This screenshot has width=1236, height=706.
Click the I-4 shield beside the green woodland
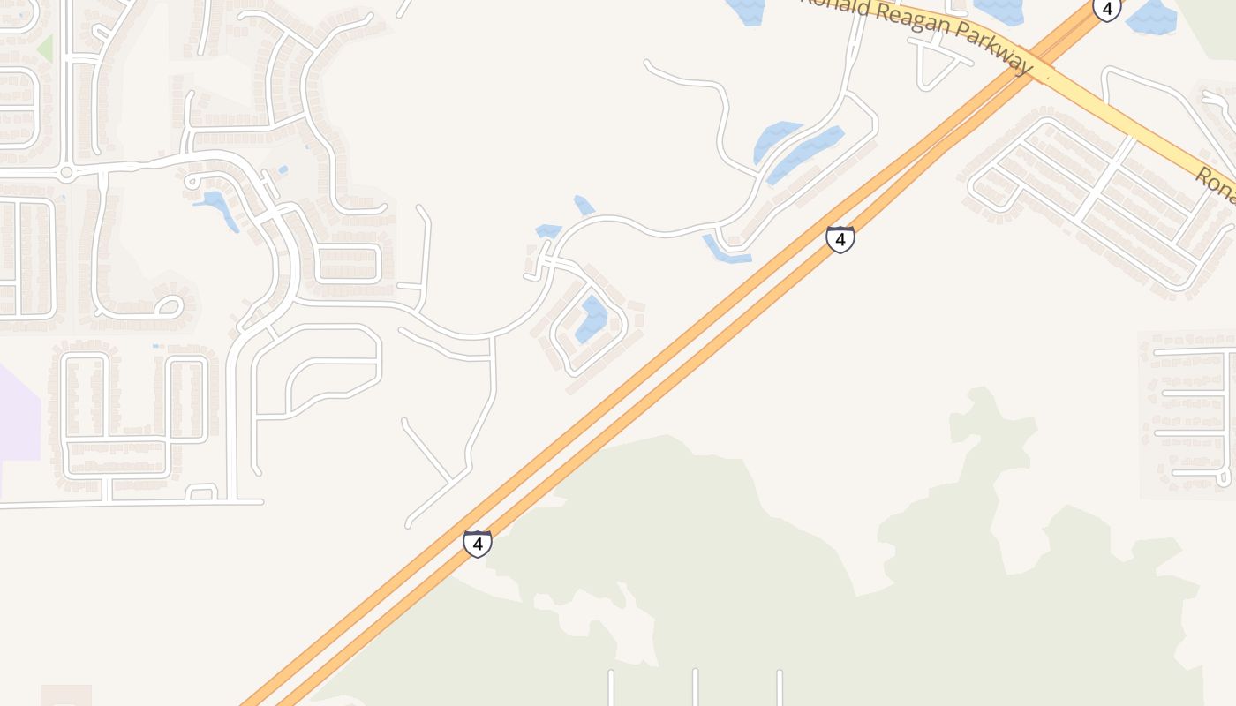pos(478,544)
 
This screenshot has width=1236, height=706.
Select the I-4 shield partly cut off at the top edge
pos(1106,9)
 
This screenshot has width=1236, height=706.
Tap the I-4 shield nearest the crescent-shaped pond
pos(840,239)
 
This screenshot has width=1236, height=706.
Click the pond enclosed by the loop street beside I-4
pos(592,319)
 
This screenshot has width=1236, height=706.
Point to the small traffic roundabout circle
pos(65,172)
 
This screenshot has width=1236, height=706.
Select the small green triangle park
pos(44,48)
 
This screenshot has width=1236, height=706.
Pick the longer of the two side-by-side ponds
pos(805,155)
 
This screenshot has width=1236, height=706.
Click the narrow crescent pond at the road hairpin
pos(726,252)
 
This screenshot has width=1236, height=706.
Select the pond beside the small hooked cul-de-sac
pos(216,209)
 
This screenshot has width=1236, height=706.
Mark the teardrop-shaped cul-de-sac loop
pos(167,307)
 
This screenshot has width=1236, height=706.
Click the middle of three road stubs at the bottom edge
pos(695,687)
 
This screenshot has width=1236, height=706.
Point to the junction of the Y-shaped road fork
pos(452,481)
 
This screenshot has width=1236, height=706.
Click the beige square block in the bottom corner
pos(66,695)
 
